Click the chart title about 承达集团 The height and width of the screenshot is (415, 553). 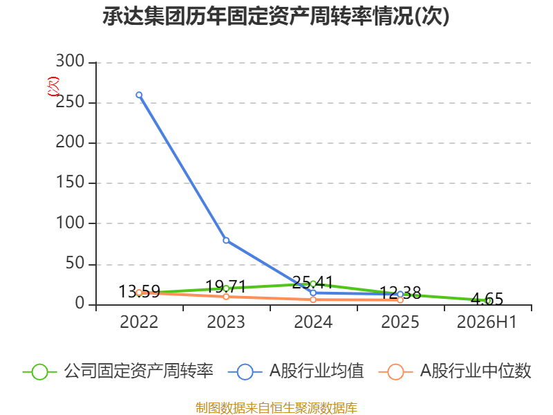tap(276, 16)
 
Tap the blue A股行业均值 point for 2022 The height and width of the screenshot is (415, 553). tap(139, 95)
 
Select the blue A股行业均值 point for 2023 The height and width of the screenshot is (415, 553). tap(226, 241)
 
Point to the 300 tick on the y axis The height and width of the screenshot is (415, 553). tap(71, 61)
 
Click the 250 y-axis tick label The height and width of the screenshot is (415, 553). tap(71, 102)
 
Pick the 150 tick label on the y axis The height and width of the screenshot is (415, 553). tap(71, 183)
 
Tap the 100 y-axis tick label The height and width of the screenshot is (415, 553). tap(71, 223)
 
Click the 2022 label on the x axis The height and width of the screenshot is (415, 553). tap(139, 322)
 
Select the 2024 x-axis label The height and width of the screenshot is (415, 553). tap(313, 322)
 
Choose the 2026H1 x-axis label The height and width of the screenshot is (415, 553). tap(487, 322)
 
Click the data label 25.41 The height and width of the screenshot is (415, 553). tap(313, 282)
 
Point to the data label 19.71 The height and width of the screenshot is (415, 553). tap(226, 286)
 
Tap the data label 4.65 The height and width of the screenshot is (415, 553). tap(487, 299)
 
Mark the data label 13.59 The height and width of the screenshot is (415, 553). tap(140, 291)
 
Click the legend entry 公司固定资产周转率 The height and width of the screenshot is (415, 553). tap(118, 371)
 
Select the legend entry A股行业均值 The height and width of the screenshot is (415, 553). tap(296, 371)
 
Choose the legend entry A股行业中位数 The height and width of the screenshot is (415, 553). tap(455, 371)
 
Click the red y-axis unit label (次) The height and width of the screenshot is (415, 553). tap(53, 86)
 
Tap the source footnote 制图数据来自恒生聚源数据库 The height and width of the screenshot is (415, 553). tap(276, 407)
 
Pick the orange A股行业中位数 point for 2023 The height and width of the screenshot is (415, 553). tap(226, 297)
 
